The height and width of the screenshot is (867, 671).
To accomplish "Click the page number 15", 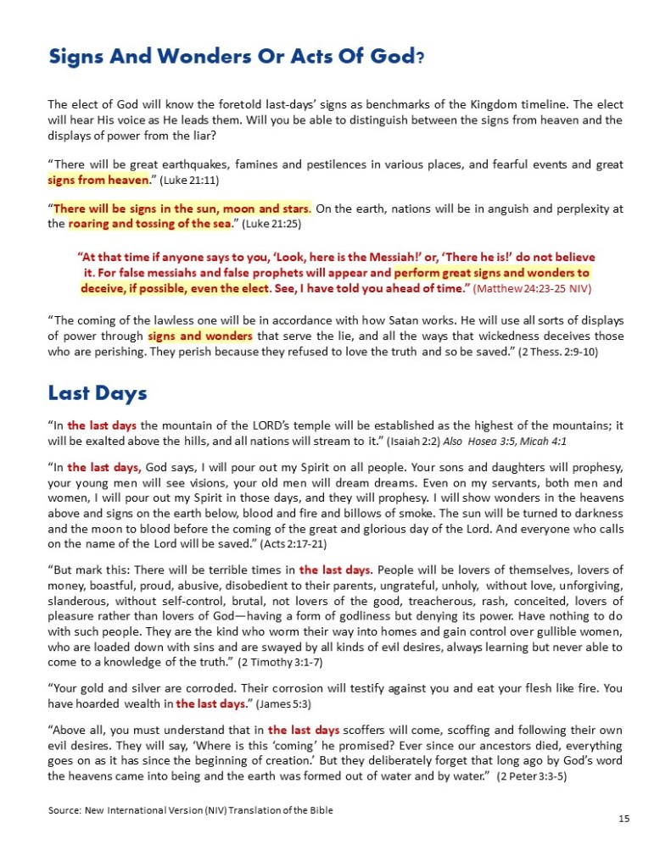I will (623, 819).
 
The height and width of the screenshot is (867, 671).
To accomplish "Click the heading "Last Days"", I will (98, 392).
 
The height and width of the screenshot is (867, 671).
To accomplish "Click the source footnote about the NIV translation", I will (191, 810).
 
